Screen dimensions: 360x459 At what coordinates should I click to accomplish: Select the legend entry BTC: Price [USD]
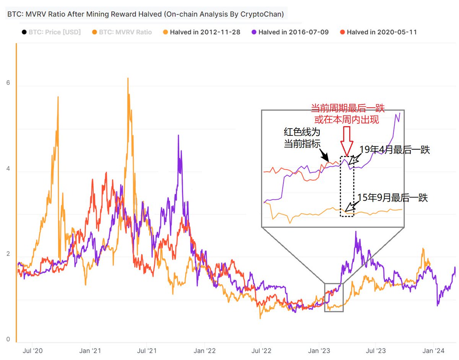click(51, 32)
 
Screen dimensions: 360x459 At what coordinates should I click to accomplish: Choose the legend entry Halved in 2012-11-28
click(201, 32)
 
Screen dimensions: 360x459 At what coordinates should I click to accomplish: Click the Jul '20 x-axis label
click(33, 350)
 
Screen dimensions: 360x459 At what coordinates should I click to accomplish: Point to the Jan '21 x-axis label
click(91, 350)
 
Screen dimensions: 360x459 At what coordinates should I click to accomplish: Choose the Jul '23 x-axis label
click(376, 350)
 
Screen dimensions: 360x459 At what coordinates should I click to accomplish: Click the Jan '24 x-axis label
click(433, 350)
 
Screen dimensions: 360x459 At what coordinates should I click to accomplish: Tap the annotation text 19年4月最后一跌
click(395, 150)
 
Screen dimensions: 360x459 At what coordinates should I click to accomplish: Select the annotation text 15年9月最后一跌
click(392, 198)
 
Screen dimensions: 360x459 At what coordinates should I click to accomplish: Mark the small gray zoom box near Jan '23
click(334, 297)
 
